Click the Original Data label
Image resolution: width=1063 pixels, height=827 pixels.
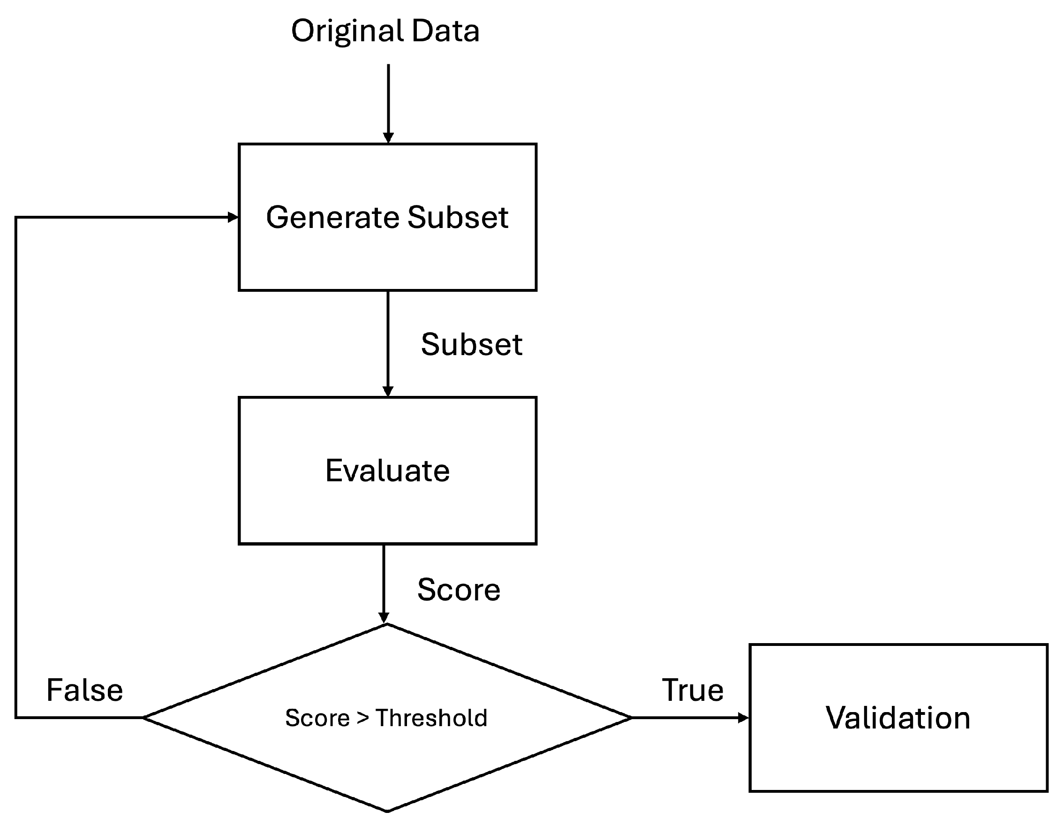point(385,31)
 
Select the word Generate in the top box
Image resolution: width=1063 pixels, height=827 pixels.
point(333,217)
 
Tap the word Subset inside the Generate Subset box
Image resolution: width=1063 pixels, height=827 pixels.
point(458,217)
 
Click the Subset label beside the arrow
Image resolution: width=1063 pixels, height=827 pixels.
point(471,345)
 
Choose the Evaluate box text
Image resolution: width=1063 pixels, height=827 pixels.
point(387,471)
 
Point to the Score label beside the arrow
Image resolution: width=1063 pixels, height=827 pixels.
point(459,590)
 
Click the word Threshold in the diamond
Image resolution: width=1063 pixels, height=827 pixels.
point(431,718)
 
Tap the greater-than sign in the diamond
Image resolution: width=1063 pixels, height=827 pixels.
point(362,718)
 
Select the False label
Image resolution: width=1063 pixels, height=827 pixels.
point(85,690)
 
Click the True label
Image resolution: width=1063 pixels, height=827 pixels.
point(692,690)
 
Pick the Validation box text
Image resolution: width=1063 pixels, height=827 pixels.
point(898,718)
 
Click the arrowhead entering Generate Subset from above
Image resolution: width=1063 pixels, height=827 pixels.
point(388,138)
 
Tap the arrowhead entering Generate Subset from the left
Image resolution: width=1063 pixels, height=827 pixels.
point(233,217)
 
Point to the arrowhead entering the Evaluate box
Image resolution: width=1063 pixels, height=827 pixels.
point(388,392)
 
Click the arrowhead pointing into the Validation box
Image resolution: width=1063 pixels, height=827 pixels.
point(743,717)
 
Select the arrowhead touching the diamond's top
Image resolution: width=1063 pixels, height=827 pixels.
point(384,618)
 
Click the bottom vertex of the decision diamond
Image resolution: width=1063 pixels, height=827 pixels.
point(387,811)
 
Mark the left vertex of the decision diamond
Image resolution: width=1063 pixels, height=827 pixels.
point(144,717)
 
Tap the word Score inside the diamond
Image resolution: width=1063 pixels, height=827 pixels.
point(317,718)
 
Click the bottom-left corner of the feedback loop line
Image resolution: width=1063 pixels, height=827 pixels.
point(16,717)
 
